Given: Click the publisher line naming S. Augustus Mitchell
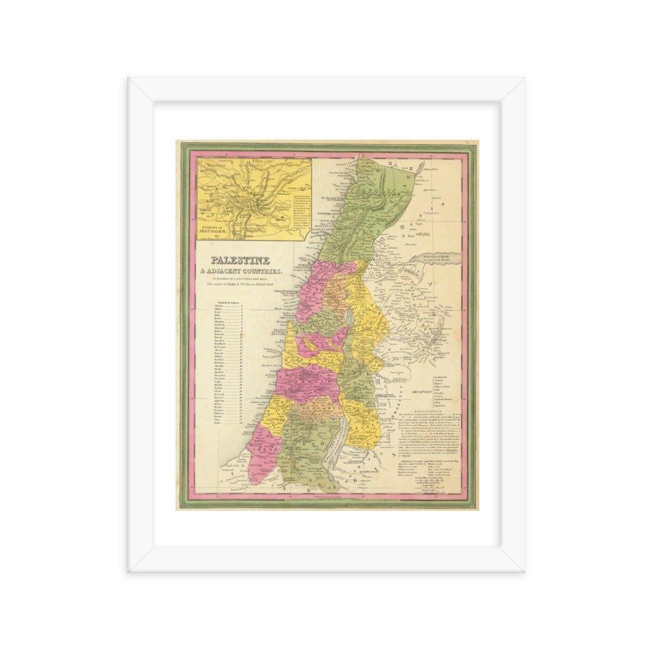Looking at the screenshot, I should click(x=239, y=277).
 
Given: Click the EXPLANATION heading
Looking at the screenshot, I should click(x=446, y=412).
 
